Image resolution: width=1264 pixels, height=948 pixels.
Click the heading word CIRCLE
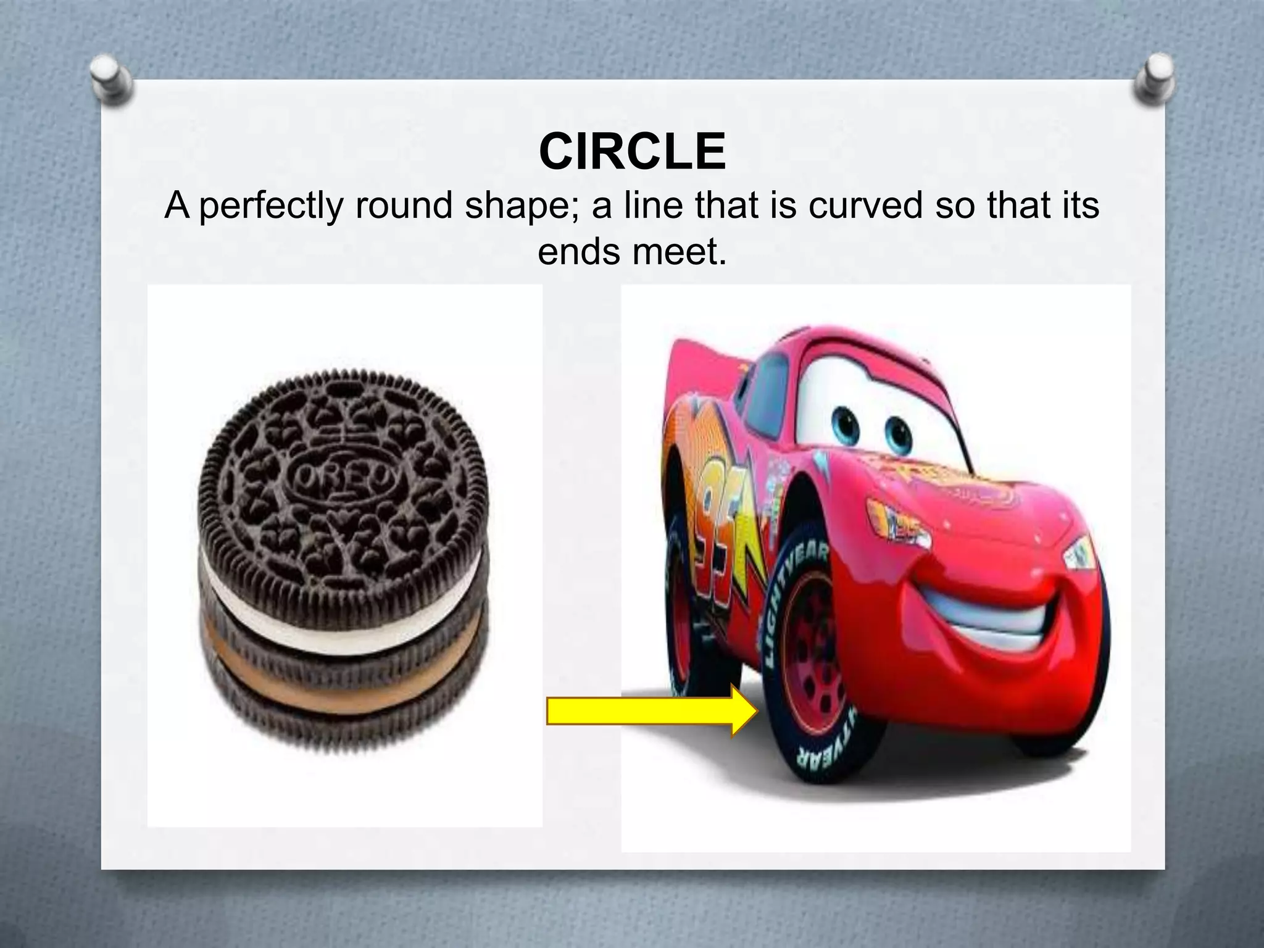click(x=632, y=152)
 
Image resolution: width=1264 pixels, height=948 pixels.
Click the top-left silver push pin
click(x=112, y=80)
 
